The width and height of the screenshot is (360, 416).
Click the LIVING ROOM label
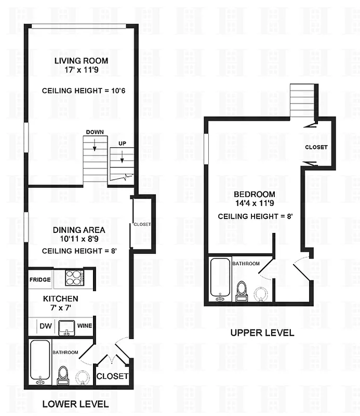[82, 61]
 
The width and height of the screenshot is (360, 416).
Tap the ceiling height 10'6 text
[82, 90]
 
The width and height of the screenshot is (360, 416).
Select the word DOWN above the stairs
[95, 132]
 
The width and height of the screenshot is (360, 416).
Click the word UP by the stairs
[123, 143]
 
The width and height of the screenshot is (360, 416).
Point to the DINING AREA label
[79, 230]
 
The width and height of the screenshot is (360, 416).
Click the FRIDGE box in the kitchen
[40, 280]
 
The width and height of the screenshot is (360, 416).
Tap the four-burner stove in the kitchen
[74, 278]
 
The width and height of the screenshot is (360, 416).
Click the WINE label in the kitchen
[85, 326]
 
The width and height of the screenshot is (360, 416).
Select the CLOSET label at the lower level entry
[112, 376]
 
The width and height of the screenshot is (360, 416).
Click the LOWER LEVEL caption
[76, 404]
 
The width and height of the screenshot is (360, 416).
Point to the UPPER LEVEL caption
[262, 333]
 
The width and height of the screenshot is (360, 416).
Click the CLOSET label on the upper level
[316, 147]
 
